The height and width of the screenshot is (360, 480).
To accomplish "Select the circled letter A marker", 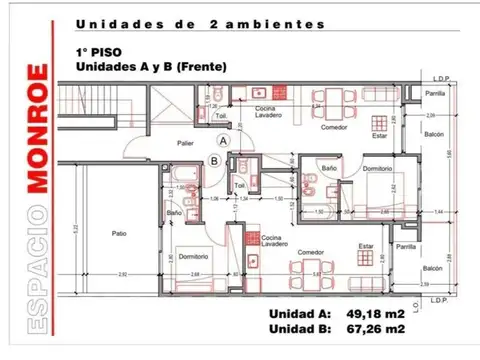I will click(x=224, y=142).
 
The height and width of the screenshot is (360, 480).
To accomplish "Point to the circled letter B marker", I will click(x=214, y=159).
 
